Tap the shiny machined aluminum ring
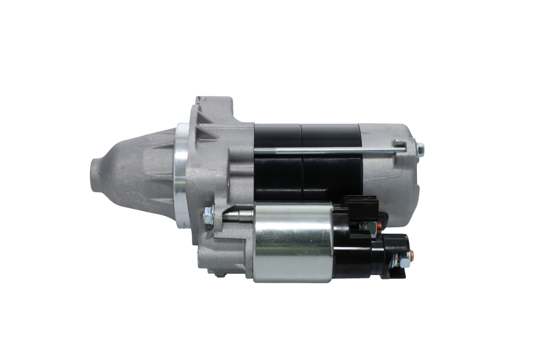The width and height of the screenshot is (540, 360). point(181,175)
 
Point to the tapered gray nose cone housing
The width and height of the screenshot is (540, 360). point(135,173)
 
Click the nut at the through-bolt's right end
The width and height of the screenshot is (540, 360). point(420,149)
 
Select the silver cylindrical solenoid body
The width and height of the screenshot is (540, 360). point(293,243)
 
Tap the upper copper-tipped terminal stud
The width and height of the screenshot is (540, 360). point(378,228)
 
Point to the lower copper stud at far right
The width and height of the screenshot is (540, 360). point(412,254)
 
